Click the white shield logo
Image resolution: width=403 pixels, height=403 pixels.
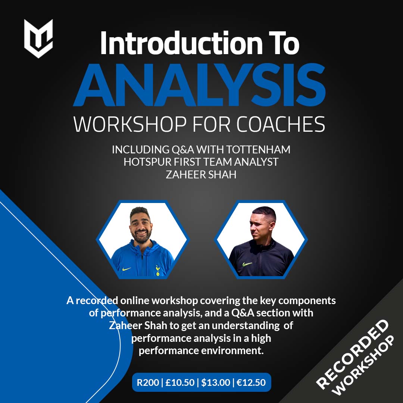click(38, 38)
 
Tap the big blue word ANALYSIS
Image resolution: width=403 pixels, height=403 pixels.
click(199, 85)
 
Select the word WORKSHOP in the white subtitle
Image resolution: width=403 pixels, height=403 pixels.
click(130, 124)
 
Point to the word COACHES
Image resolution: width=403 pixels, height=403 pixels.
click(281, 124)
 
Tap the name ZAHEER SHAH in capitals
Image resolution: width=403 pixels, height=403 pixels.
click(201, 175)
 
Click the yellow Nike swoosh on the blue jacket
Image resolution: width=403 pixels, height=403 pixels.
click(126, 269)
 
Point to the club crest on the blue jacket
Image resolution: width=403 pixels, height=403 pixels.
click(157, 271)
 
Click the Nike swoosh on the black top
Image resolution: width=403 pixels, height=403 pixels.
click(247, 264)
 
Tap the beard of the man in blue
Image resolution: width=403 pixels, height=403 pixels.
click(141, 237)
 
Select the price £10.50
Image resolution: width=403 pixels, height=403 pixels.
click(180, 382)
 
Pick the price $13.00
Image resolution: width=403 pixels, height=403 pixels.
click(215, 382)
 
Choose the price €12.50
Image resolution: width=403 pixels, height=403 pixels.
click(251, 382)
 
